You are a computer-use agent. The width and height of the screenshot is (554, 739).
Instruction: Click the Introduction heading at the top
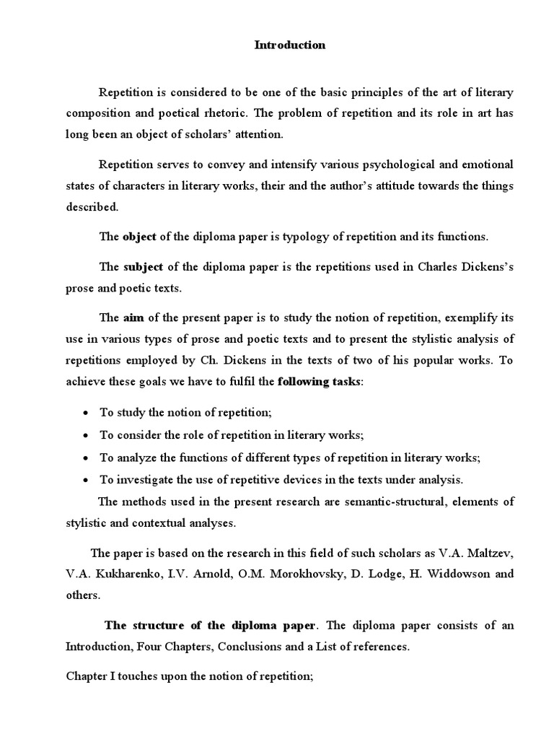[290, 45]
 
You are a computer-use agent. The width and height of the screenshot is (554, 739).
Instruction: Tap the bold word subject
[143, 266]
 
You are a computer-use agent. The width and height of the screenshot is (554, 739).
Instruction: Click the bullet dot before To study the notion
[86, 413]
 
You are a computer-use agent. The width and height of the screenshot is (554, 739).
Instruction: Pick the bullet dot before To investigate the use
[86, 480]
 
